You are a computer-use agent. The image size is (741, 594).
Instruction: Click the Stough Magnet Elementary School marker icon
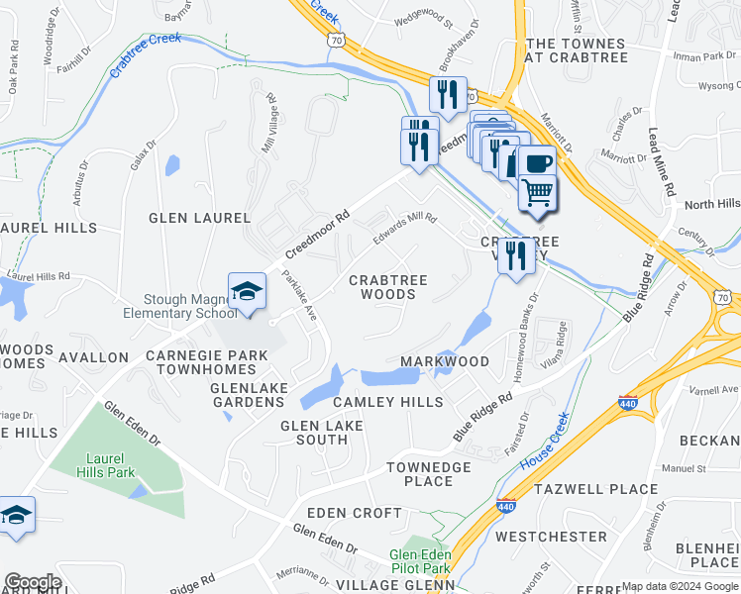(x=247, y=291)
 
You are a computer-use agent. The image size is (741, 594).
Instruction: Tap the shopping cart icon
(x=537, y=190)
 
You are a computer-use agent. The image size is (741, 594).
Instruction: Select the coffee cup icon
(x=537, y=163)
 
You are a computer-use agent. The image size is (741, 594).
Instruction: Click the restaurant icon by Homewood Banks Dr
(x=516, y=255)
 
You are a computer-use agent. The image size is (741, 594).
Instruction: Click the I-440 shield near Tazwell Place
(x=506, y=505)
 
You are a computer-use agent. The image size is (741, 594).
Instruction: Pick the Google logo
(x=33, y=582)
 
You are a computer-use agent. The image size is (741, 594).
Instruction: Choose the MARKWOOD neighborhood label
(x=444, y=361)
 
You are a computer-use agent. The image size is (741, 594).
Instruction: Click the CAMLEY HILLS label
(x=387, y=402)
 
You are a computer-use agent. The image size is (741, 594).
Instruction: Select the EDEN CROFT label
(x=354, y=513)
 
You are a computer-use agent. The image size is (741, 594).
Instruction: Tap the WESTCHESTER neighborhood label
(x=551, y=537)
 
